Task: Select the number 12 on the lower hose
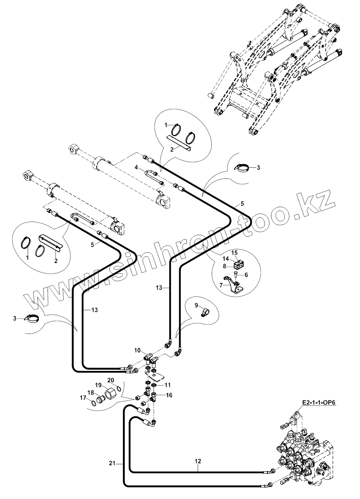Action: pos(198,461)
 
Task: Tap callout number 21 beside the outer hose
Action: pos(112,463)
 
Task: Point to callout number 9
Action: pos(196,304)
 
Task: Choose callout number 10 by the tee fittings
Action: pos(138,350)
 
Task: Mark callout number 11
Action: pos(167,385)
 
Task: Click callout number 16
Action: pos(169,395)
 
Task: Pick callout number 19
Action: pos(99,385)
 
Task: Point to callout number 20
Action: pos(111,380)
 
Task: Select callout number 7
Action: pos(221,284)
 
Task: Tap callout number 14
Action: pos(226,259)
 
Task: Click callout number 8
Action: pos(225,266)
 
